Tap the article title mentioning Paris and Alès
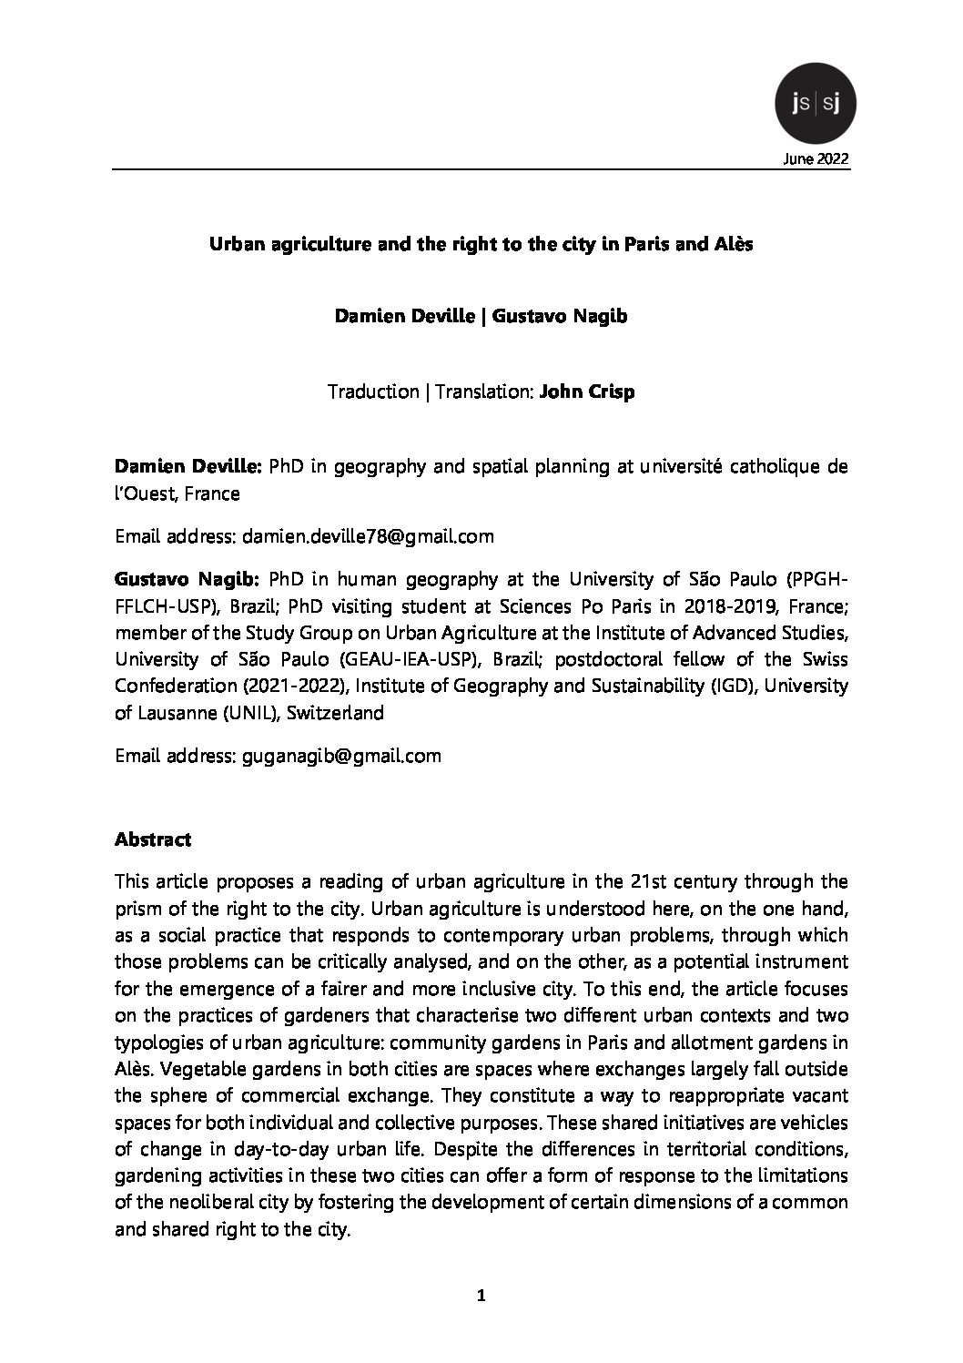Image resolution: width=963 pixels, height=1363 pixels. tap(481, 245)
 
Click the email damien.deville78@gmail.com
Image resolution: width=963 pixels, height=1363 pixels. tap(368, 536)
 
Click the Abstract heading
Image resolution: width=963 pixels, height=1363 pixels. tap(153, 839)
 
